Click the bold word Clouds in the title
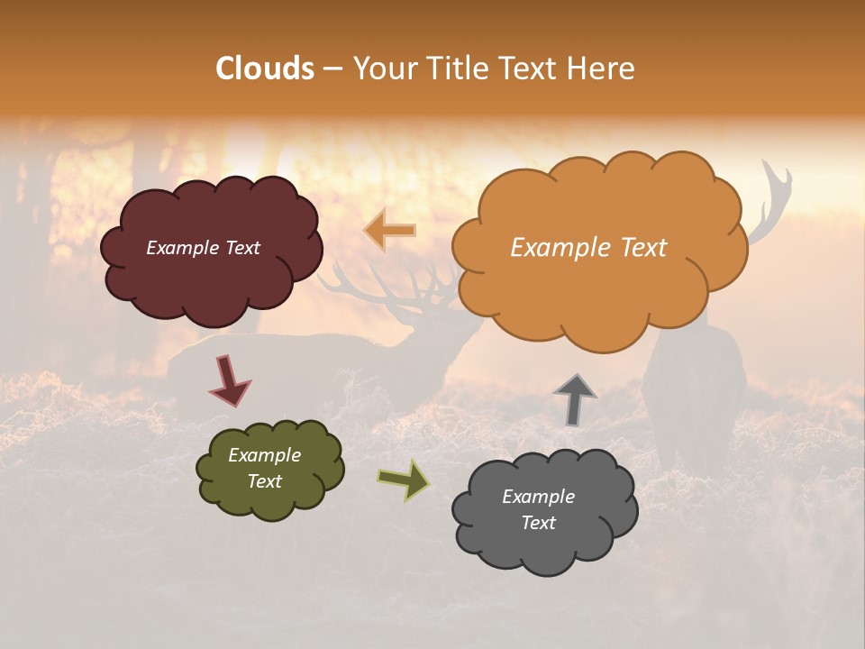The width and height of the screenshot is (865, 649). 265,69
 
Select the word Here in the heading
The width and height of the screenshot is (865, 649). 603,69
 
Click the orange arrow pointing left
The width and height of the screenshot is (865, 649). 390,231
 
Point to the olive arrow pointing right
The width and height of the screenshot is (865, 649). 405,480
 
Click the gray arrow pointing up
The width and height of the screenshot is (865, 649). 575,398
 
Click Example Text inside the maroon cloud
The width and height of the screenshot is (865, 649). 203,248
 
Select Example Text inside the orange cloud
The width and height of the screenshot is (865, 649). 588,248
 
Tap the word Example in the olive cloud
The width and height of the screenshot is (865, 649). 264,455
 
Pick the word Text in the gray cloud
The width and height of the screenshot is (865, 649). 539,523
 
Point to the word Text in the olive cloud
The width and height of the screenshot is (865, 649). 264,481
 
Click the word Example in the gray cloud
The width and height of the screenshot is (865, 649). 538,497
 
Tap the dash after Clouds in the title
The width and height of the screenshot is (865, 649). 332,69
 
